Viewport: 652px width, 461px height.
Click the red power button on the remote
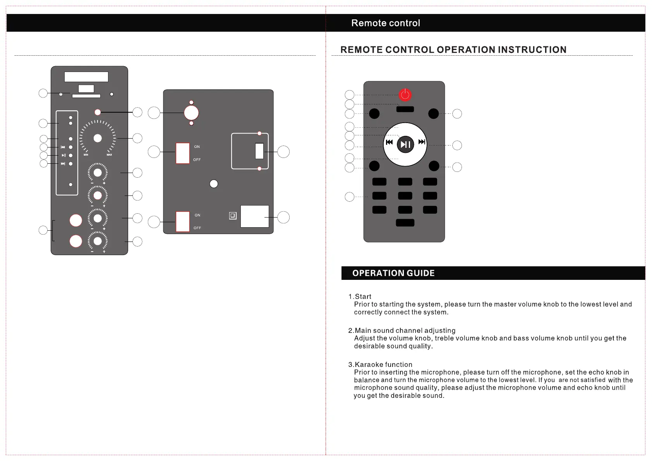point(405,95)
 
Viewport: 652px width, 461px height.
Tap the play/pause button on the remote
point(405,144)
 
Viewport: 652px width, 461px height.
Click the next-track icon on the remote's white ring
point(422,142)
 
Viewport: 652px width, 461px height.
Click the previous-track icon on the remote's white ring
point(389,142)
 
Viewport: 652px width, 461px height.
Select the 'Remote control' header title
point(386,23)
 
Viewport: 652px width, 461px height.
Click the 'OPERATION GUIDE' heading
point(393,273)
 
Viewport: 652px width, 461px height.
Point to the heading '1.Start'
point(360,296)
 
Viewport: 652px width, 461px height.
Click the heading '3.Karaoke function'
point(380,365)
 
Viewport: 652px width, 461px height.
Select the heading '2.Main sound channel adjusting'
point(402,331)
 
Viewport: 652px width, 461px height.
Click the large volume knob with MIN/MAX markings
point(98,138)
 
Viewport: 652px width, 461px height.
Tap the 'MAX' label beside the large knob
point(109,155)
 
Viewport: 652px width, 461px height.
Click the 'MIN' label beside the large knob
point(86,155)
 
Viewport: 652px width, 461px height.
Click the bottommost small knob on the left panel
point(98,241)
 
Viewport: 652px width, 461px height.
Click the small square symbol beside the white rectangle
point(233,216)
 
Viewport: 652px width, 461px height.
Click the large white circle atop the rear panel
point(191,113)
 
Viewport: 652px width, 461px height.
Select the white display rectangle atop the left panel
point(86,77)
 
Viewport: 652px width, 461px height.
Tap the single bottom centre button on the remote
point(405,223)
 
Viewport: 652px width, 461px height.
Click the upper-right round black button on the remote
point(434,114)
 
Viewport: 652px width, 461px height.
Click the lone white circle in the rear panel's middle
point(214,184)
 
